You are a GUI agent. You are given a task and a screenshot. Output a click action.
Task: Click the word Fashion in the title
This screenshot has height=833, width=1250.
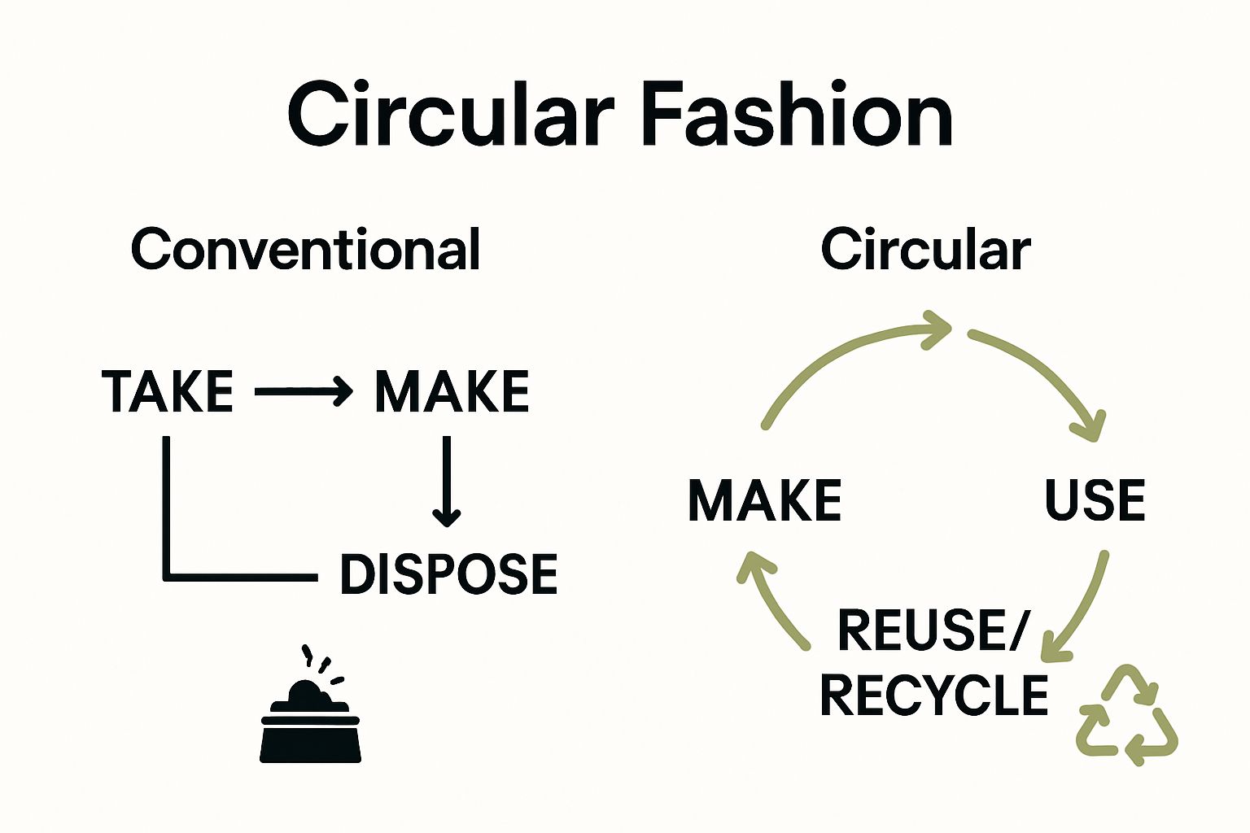pyautogui.click(x=797, y=115)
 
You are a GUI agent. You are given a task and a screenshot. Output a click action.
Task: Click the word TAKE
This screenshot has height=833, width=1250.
pyautogui.click(x=168, y=391)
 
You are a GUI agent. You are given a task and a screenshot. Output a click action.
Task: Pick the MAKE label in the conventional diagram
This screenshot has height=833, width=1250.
pyautogui.click(x=452, y=391)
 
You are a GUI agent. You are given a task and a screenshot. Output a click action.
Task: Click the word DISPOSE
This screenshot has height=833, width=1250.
pyautogui.click(x=448, y=574)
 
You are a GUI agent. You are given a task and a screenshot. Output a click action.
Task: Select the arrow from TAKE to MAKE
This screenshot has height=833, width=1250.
pyautogui.click(x=303, y=391)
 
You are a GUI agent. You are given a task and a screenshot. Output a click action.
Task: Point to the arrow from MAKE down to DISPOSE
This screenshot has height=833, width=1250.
pyautogui.click(x=446, y=480)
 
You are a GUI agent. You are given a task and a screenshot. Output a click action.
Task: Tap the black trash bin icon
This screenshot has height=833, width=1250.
pyautogui.click(x=310, y=716)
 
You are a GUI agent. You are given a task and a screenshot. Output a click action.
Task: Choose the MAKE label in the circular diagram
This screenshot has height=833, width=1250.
pyautogui.click(x=764, y=499)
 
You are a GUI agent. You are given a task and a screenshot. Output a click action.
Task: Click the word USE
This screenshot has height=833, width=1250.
pyautogui.click(x=1095, y=499)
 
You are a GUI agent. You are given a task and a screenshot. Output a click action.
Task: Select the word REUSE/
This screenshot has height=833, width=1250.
pyautogui.click(x=933, y=630)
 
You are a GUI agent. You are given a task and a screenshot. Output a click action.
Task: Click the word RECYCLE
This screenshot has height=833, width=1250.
pyautogui.click(x=933, y=695)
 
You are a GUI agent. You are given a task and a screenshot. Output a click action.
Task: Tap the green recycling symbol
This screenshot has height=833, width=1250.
pyautogui.click(x=1127, y=716)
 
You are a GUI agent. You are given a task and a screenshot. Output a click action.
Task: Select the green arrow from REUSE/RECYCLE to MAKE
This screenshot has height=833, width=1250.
pyautogui.click(x=773, y=602)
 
